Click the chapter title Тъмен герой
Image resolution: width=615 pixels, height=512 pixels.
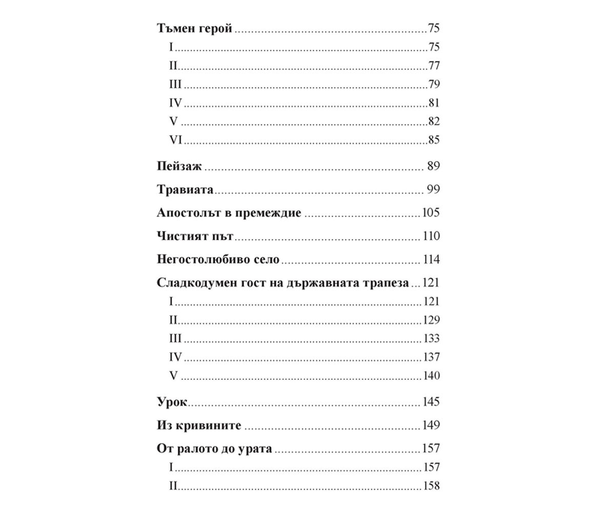point(194,29)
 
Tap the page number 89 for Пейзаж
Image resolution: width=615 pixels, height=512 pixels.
point(433,166)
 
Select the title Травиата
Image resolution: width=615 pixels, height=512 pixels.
point(184,190)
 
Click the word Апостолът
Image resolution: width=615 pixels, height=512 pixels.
point(186,213)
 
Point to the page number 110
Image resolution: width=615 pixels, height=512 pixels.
point(431,237)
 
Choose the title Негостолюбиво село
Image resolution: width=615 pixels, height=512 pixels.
point(218,260)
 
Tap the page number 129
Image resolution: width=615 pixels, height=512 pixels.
point(431,321)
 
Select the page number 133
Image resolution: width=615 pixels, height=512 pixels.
point(431,339)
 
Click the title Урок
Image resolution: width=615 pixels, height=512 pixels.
point(172,402)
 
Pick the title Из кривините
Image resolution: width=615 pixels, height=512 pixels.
point(198,425)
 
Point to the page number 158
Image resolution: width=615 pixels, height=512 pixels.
point(431,486)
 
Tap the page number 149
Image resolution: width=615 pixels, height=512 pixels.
point(431,425)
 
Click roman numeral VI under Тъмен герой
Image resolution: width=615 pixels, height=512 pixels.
point(176,140)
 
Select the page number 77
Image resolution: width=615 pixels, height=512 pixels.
point(434,66)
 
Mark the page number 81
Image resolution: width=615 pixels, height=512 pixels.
point(434,103)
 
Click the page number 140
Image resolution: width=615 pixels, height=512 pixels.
point(431,376)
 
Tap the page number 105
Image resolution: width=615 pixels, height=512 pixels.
point(431,213)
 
